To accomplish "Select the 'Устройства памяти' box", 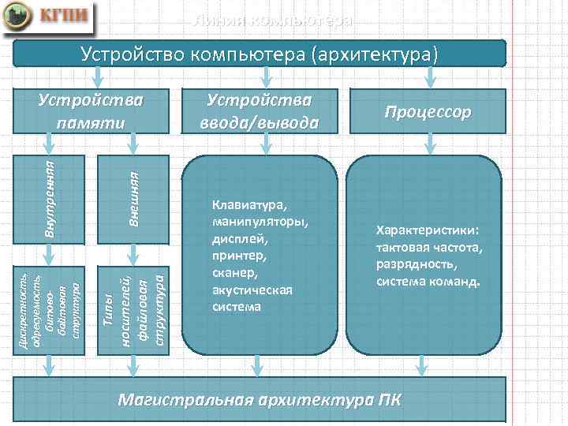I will [93, 111].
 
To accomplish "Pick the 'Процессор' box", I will [428, 111].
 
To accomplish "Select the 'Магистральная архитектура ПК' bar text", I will [259, 399].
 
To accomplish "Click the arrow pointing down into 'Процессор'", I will [428, 77].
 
